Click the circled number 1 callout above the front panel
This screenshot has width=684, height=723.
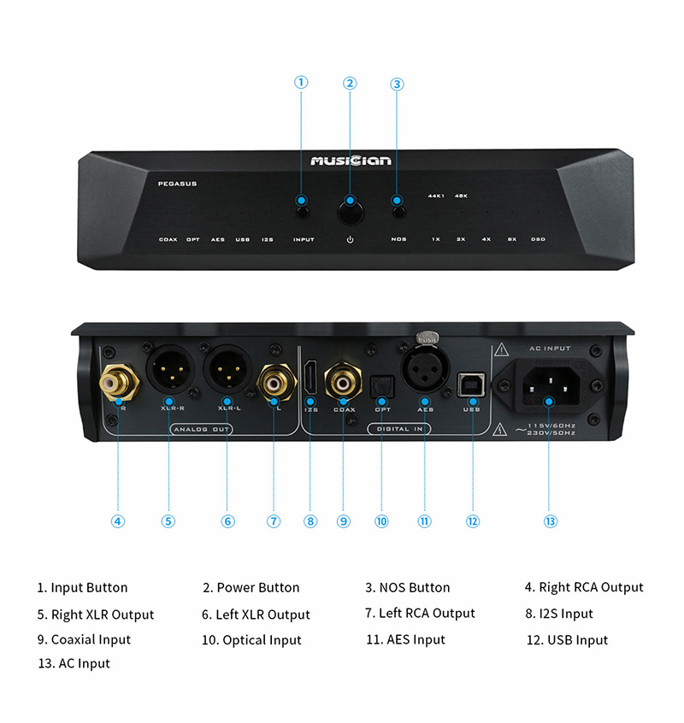coord(301,82)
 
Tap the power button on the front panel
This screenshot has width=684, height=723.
coord(350,203)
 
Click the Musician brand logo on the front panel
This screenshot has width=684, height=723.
coord(351,161)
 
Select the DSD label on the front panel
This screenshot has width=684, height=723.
coord(538,239)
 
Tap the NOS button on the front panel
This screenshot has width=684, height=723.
coord(398,203)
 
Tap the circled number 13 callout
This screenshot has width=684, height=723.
coord(550,520)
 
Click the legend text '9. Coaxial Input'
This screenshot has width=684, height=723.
coord(84,639)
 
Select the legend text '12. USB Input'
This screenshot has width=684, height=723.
coord(567,640)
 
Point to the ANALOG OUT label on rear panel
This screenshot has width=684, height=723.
coord(200,429)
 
